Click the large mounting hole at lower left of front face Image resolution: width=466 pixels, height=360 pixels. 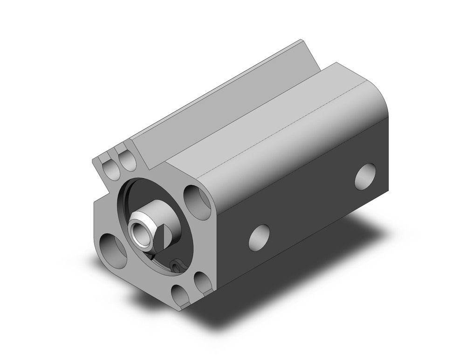point(113,250)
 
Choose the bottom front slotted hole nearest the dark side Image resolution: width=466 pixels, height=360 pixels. point(203,284)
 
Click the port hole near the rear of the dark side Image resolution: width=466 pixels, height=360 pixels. point(365,176)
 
